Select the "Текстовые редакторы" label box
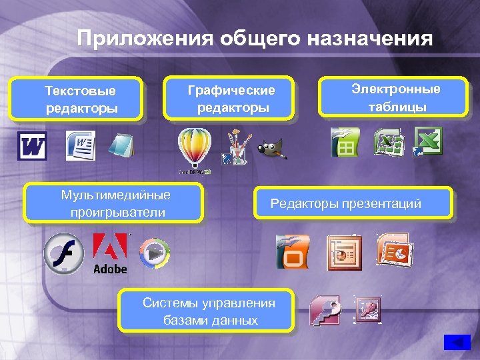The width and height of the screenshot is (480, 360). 80,99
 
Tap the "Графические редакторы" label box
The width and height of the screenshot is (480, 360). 231,98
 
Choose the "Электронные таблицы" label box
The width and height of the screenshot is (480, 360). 396,98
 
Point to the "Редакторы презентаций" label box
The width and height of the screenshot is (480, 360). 353,203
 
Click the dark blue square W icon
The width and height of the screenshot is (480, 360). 32,146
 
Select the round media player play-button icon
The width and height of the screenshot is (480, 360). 154,253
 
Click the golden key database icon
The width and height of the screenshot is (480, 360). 325,311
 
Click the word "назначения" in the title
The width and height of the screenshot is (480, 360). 370,38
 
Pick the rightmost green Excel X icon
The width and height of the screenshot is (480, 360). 428,141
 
